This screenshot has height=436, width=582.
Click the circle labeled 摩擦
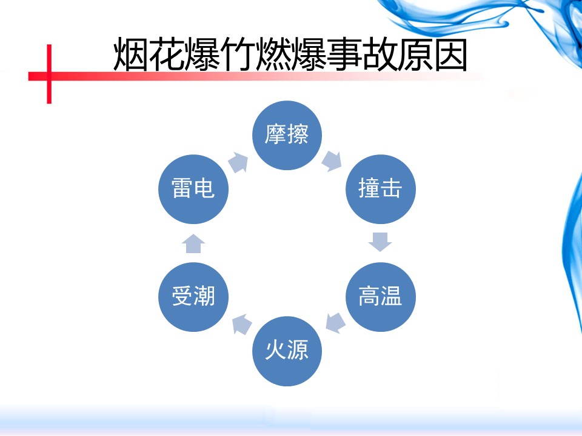pos(287,134)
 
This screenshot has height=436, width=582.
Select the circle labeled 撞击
pos(380,189)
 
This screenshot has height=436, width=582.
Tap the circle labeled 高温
pos(380,296)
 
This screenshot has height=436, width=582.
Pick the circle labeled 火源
pos(287,351)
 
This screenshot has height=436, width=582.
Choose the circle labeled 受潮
pos(193,296)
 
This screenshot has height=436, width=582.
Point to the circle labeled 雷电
pos(193,189)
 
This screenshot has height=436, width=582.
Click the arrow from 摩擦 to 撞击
pos(332,160)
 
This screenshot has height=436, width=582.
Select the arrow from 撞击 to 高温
pos(380,241)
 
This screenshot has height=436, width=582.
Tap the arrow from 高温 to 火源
pos(335,323)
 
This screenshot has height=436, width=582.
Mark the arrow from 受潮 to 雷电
pos(194,243)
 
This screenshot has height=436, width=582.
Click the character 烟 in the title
pos(131,56)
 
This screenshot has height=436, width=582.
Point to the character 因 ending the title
pos(449,56)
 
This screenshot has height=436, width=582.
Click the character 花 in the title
pos(166,56)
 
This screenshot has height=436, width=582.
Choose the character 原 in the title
pos(414,56)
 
